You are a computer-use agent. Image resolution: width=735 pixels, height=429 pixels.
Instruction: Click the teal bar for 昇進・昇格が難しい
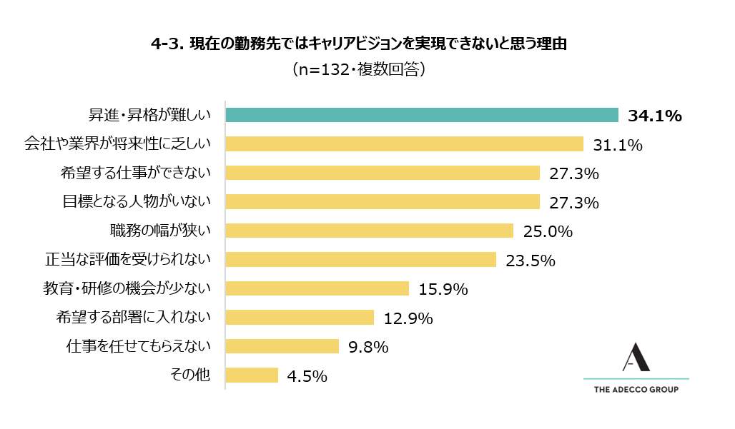click(x=422, y=115)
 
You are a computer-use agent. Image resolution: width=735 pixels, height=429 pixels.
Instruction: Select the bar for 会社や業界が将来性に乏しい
click(x=405, y=144)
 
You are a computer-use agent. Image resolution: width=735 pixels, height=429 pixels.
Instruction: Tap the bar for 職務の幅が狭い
click(x=370, y=231)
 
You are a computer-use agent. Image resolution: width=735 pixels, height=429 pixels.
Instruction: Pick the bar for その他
click(x=252, y=375)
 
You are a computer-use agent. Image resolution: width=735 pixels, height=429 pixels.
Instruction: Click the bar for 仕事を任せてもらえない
click(x=282, y=346)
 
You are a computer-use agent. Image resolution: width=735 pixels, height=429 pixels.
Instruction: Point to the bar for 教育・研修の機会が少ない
click(x=317, y=288)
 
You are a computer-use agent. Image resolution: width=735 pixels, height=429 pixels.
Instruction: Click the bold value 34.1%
click(x=655, y=116)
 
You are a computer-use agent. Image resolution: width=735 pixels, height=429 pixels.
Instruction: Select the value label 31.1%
click(x=618, y=145)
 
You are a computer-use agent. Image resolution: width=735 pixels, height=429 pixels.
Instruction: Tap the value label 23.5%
click(x=531, y=260)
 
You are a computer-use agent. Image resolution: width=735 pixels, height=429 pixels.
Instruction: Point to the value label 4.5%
click(x=308, y=375)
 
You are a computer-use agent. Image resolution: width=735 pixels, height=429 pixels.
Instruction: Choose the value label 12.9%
click(x=408, y=318)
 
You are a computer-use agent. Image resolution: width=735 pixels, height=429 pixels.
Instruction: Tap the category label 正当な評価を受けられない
click(x=128, y=260)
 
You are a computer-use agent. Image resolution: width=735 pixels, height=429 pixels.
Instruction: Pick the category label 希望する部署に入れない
click(x=134, y=318)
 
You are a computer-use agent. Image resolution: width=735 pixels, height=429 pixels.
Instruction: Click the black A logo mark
click(x=635, y=358)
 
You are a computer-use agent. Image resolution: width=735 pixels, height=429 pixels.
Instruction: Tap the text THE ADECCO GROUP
click(x=636, y=390)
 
